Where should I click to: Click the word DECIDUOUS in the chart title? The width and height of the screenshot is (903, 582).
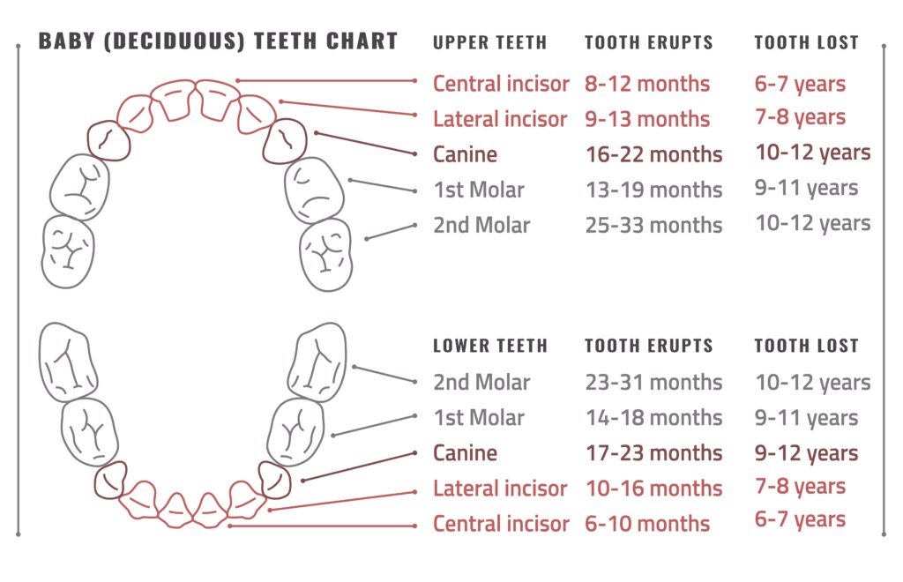(175, 41)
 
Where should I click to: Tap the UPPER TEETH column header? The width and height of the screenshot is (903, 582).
(489, 42)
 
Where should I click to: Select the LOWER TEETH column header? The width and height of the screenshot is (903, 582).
(490, 346)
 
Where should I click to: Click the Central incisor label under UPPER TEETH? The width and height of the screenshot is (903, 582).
(501, 84)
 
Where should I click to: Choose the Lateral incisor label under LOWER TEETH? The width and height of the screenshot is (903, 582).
(500, 489)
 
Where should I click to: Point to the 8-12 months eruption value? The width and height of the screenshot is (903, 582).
(647, 84)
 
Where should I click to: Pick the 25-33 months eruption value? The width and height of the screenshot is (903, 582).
(653, 225)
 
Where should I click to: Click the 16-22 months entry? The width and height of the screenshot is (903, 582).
(653, 154)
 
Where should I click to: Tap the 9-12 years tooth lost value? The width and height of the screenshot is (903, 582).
(806, 453)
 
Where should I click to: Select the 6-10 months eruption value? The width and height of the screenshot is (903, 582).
(647, 524)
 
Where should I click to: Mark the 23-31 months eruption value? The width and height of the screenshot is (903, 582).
(653, 382)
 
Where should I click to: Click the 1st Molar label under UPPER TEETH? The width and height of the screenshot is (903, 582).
(479, 190)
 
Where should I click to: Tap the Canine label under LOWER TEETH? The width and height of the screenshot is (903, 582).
(465, 453)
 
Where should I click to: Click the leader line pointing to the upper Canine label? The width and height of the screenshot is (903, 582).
(366, 144)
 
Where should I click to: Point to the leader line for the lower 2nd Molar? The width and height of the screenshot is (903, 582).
(384, 374)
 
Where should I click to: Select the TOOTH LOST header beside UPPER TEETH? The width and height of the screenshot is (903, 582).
(806, 42)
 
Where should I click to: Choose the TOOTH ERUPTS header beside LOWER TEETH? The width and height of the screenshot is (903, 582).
(649, 346)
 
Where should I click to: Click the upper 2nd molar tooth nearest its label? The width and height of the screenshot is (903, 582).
(326, 254)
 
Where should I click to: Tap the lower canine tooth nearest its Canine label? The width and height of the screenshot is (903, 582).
(275, 480)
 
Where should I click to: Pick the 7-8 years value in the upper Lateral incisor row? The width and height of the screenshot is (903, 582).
(800, 117)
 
